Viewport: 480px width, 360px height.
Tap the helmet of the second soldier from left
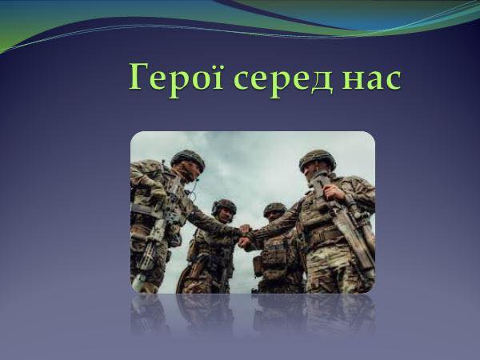(224, 206)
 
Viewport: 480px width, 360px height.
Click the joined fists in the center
(246, 235)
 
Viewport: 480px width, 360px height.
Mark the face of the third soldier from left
(274, 218)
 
